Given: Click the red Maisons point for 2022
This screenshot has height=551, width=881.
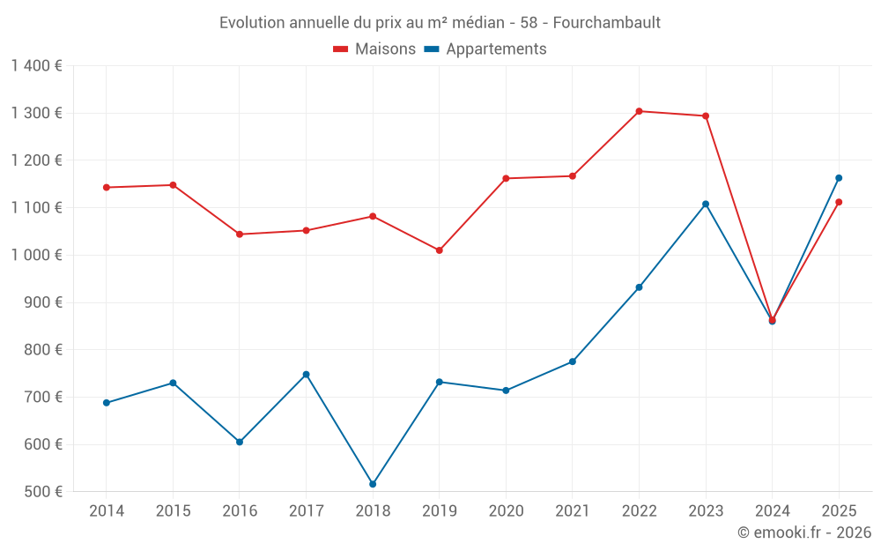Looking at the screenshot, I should point(639,111).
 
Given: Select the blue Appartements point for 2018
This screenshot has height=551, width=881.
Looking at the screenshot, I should point(373,484).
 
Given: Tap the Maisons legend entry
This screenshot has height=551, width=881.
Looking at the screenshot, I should point(374,49).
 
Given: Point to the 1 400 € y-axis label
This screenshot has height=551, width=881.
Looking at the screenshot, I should point(36,66).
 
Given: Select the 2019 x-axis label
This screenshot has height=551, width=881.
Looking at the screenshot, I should point(439,511).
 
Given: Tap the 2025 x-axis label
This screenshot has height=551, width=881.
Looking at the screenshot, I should point(838,511).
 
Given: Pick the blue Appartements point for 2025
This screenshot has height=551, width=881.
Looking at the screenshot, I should point(839,178).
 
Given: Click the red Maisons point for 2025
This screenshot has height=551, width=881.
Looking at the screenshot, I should point(839,202).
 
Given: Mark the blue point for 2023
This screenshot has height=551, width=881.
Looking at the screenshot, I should point(706,205).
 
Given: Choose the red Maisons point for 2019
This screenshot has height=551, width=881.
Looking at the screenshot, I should point(440,250).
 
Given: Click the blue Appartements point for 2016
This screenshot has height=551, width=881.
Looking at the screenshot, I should point(240,442).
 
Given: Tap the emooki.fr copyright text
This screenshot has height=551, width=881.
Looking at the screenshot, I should point(803,532).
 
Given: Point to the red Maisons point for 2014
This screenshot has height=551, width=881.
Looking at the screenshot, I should point(107,187).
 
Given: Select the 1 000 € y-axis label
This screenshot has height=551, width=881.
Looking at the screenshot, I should point(36,255).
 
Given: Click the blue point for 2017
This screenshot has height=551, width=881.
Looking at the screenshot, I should point(306,375).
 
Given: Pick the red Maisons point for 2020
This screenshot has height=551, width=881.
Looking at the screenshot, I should point(506,178).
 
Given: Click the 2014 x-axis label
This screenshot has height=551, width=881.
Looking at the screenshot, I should point(107,511).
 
